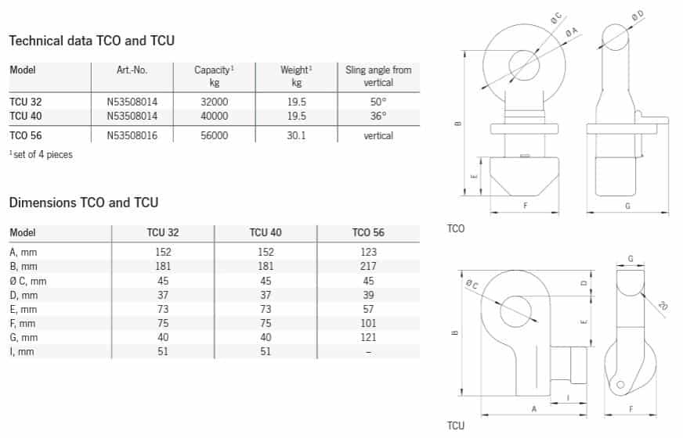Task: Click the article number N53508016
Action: (132, 135)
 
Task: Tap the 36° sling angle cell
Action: (378, 116)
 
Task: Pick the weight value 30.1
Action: (296, 135)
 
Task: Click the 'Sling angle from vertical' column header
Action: (378, 76)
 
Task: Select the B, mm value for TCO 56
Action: (368, 266)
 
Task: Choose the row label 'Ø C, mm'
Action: (28, 281)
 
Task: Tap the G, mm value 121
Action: (368, 337)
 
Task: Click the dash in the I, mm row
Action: (368, 352)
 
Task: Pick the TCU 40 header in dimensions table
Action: (266, 233)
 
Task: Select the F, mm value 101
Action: (368, 323)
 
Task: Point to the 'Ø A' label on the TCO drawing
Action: (573, 30)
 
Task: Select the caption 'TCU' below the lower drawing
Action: (456, 425)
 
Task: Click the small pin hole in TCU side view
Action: (621, 385)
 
